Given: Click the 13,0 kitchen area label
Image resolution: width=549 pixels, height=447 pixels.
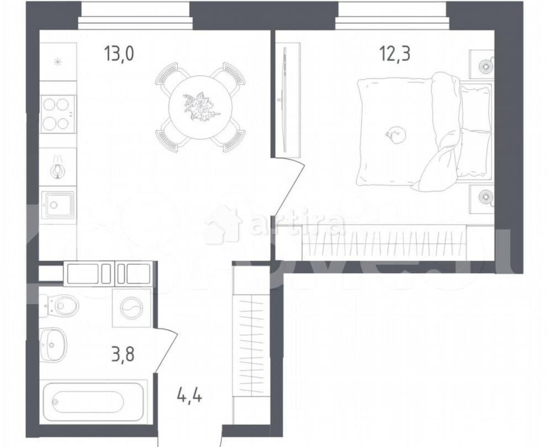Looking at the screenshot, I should click(x=119, y=55).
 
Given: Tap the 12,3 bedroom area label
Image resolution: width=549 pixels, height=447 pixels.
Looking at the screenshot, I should click(x=394, y=55).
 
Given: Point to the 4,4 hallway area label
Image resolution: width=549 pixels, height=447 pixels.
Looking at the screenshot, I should click(x=189, y=396).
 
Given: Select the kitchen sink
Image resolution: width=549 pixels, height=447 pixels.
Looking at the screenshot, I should click(x=58, y=205).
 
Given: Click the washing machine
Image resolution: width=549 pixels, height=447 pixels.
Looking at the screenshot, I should click(x=131, y=308).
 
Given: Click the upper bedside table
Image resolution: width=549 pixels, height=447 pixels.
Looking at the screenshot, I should click(x=482, y=65).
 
